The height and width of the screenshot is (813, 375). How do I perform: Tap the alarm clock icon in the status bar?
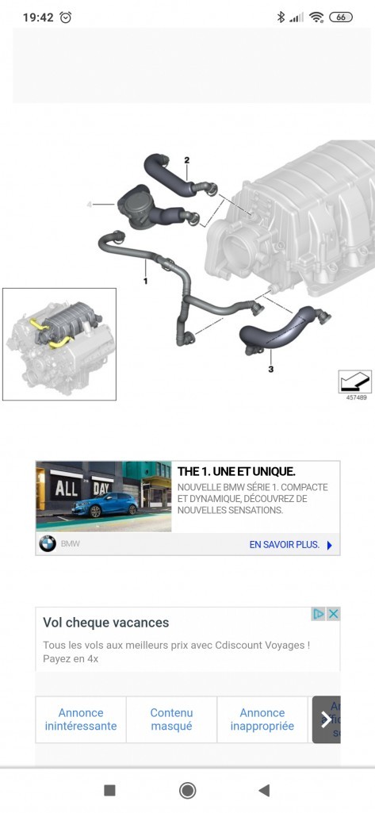point(66,17)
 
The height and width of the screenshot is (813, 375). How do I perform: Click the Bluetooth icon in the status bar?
point(281,17)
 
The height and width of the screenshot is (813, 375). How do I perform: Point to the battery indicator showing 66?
point(341,17)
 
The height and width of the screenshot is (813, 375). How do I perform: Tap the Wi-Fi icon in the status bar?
point(316,17)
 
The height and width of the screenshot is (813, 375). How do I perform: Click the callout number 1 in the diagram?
point(146,281)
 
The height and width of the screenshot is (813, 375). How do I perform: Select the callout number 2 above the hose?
point(187,159)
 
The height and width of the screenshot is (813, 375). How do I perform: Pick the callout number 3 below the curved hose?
point(270,369)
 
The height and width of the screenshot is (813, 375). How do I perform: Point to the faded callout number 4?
point(89,205)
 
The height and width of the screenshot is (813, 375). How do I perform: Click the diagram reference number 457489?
point(356,397)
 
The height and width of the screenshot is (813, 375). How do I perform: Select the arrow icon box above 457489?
point(355,382)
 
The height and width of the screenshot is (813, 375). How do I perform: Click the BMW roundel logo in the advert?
point(48,544)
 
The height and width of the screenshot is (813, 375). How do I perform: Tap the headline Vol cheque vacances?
point(105,622)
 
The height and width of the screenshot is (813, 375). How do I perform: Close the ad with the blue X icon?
point(334,614)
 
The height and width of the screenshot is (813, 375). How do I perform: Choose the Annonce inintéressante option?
point(81,719)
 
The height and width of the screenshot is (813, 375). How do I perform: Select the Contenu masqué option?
point(171,719)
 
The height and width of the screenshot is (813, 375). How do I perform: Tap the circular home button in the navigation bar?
point(187,790)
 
